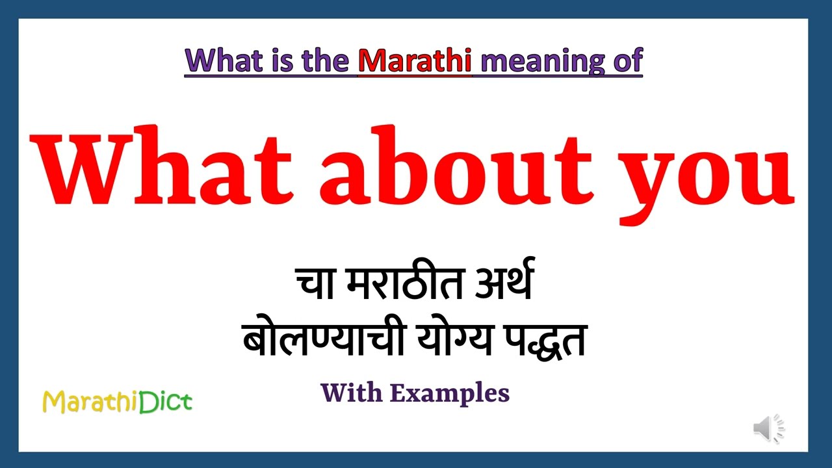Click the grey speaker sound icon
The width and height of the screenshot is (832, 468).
coord(769,429)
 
